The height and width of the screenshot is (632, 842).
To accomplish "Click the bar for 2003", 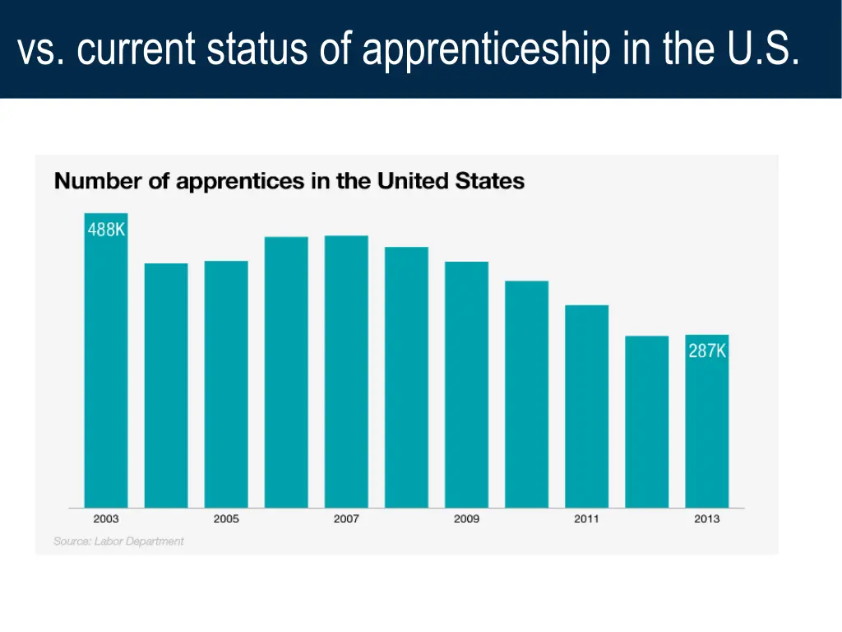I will coord(106,370).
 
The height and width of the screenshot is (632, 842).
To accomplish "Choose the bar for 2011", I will coord(586,407).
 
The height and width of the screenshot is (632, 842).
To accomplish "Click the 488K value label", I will coord(107,230).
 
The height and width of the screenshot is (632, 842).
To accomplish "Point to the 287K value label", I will coord(707,351).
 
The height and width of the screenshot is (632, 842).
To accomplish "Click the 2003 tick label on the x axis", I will coord(106,519).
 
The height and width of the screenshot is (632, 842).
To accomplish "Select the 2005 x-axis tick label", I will coord(226,519).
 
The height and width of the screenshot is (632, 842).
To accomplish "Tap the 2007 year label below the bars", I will coord(346,519).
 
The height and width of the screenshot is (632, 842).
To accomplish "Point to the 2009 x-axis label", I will coord(466,519).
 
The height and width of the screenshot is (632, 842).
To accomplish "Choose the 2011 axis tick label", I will coord(586,519).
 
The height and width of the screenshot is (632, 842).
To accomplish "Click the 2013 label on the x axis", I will coord(706,519).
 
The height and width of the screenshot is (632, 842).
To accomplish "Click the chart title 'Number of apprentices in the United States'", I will coord(289,181).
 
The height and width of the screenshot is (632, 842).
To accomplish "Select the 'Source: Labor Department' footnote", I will coord(118,541).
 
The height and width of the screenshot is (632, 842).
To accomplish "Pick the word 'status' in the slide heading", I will coord(257,49).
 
